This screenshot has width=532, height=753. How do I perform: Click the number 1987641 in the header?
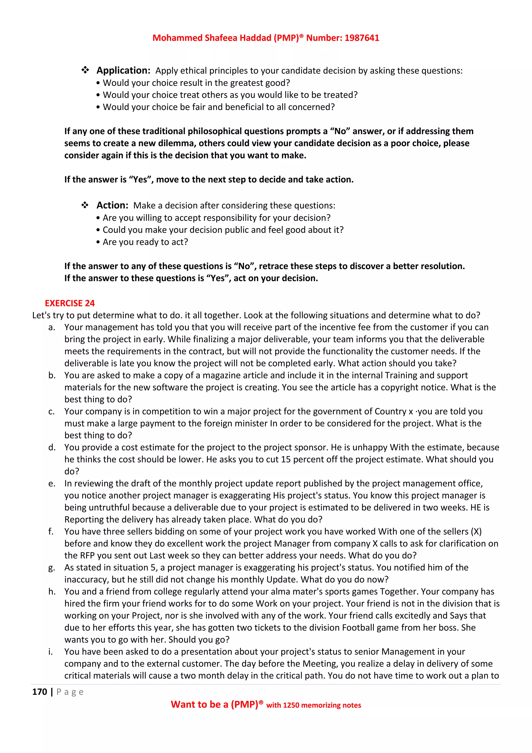tap(362, 38)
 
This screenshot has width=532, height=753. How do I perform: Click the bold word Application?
tap(123, 70)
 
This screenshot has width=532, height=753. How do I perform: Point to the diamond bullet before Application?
tap(85, 70)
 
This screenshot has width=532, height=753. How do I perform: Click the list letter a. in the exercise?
tap(51, 327)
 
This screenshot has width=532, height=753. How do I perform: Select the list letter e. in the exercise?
tap(51, 483)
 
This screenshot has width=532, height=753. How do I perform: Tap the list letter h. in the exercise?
tap(52, 592)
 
